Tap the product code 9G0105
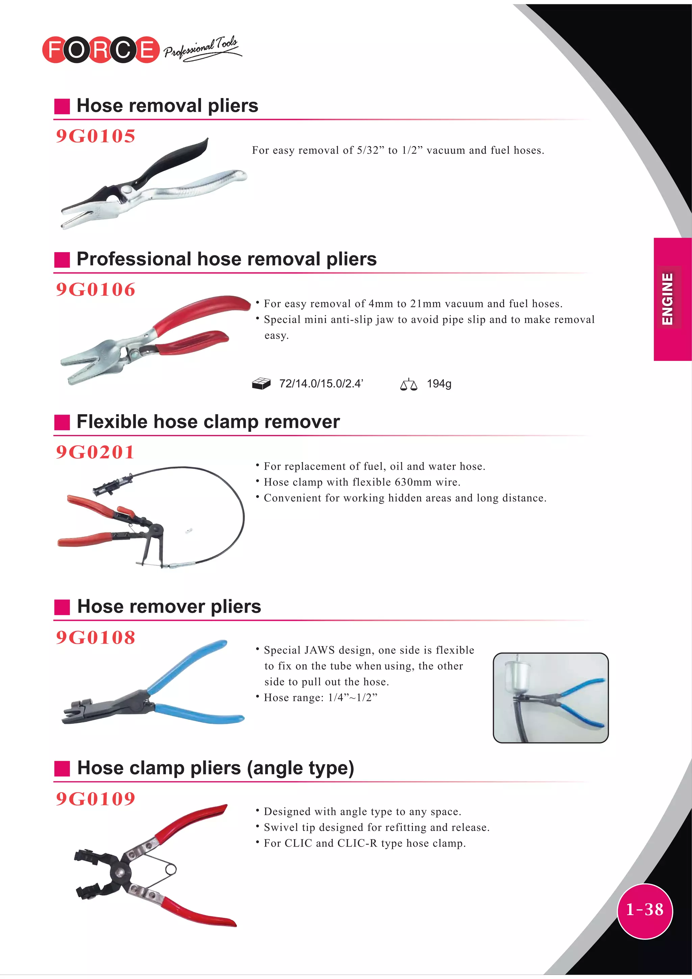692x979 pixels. pos(96,136)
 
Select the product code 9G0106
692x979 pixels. pos(96,290)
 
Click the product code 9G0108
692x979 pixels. pos(96,637)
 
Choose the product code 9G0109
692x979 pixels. pos(96,799)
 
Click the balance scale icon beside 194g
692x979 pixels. pos(409,384)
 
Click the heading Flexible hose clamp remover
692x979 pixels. pos(208,422)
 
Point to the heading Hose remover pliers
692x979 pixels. pos(169,606)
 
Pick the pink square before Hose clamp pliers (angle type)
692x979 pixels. pos(62,768)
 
